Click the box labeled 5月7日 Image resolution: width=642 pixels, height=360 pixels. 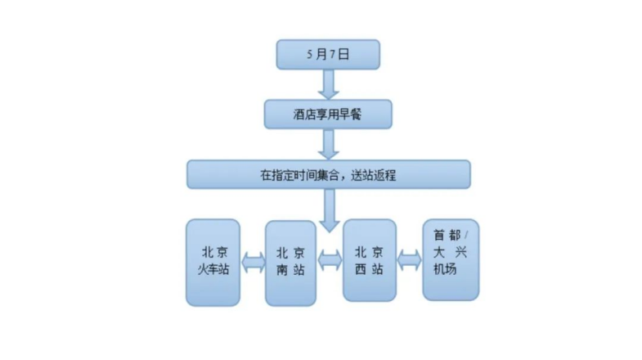[328, 55]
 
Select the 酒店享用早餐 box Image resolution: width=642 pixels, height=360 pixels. [328, 115]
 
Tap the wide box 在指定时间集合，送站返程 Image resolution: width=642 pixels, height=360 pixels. [328, 174]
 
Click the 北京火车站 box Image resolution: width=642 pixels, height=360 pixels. [213, 263]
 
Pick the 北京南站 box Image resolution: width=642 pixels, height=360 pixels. [290, 263]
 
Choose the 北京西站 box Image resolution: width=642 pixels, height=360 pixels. [369, 261]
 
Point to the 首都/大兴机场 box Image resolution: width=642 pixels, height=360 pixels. [451, 259]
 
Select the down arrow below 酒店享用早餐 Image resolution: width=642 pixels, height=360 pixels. [329, 144]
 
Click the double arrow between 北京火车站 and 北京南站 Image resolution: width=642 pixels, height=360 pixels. [253, 263]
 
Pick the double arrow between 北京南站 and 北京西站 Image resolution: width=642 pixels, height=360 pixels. [330, 260]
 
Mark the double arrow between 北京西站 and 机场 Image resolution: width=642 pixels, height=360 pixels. [409, 260]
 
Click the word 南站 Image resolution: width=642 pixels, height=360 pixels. [290, 270]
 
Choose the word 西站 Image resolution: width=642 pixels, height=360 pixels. [368, 269]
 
